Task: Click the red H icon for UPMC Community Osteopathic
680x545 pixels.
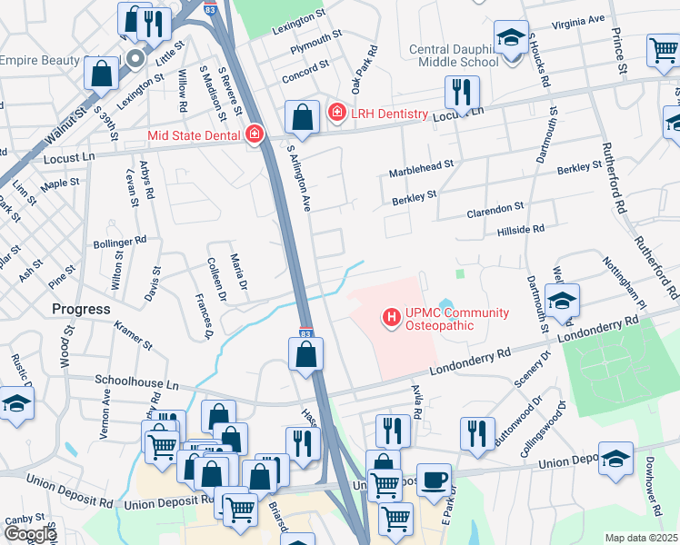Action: pyautogui.click(x=392, y=318)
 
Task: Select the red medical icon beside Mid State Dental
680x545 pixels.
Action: pyautogui.click(x=254, y=135)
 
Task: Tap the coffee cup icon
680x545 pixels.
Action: pyautogui.click(x=434, y=478)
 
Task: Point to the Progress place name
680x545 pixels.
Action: pyautogui.click(x=81, y=309)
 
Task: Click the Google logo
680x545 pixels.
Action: pyautogui.click(x=30, y=534)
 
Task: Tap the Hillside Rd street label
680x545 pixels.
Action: pyautogui.click(x=521, y=231)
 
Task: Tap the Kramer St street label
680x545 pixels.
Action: pyautogui.click(x=133, y=334)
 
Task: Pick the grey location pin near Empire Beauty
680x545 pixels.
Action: pyautogui.click(x=135, y=60)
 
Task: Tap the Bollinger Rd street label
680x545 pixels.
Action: pyautogui.click(x=119, y=243)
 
